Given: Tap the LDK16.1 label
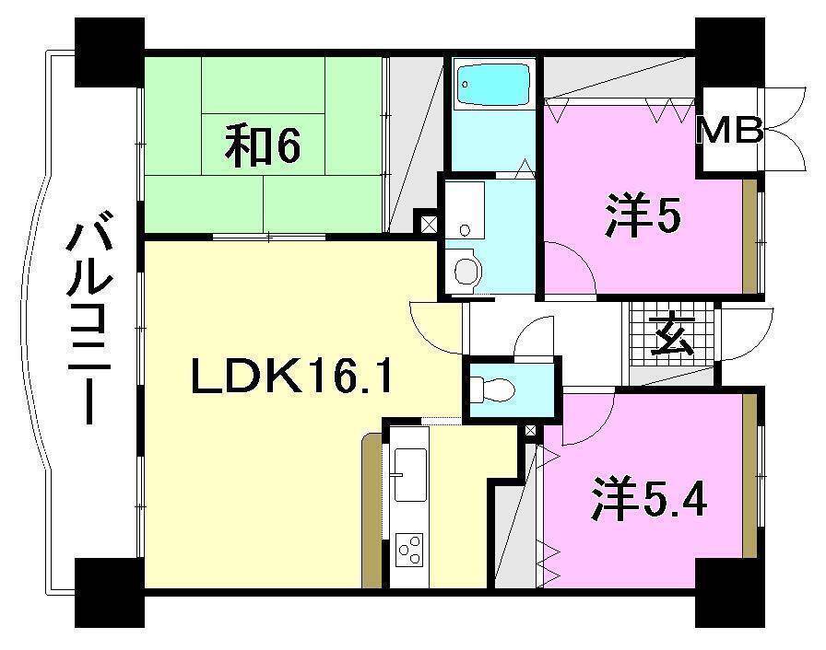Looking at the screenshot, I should [x=293, y=377].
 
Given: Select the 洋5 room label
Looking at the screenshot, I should [x=643, y=217].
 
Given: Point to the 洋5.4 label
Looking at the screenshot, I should [x=650, y=501].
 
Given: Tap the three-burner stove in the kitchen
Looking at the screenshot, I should [x=407, y=551].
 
